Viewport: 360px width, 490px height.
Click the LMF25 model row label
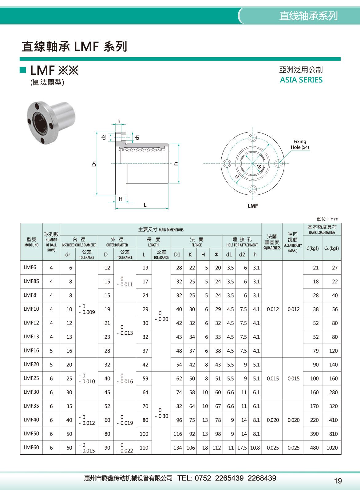point(31,378)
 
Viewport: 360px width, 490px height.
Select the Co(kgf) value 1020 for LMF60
point(332,448)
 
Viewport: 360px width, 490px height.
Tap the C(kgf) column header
point(312,248)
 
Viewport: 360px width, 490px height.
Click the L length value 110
point(144,448)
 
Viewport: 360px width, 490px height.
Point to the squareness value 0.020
point(272,420)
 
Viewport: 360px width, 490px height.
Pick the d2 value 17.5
point(242,448)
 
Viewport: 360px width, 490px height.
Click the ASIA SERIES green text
point(301,80)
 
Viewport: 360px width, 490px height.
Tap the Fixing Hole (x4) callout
point(299,144)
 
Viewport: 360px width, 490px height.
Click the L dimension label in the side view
point(145,205)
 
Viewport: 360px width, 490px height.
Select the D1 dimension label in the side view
point(94,164)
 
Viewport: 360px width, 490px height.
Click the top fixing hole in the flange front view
point(253,137)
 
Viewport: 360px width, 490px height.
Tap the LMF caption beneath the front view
point(253,206)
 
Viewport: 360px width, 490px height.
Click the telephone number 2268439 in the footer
point(262,478)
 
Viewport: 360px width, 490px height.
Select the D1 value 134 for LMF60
point(178,448)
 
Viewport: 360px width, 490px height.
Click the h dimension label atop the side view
point(119,122)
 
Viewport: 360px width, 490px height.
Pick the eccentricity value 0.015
point(293,378)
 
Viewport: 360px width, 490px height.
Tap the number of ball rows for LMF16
point(51,351)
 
